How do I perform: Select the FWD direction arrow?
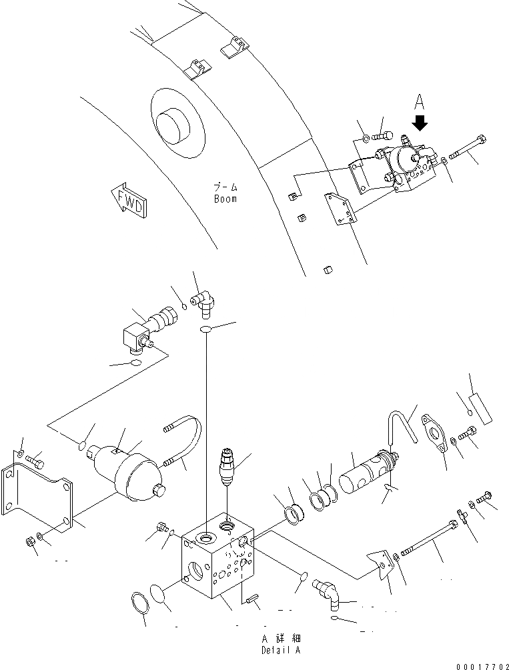(x=129, y=199)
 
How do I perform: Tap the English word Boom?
(x=226, y=199)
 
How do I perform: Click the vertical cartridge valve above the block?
(x=227, y=471)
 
